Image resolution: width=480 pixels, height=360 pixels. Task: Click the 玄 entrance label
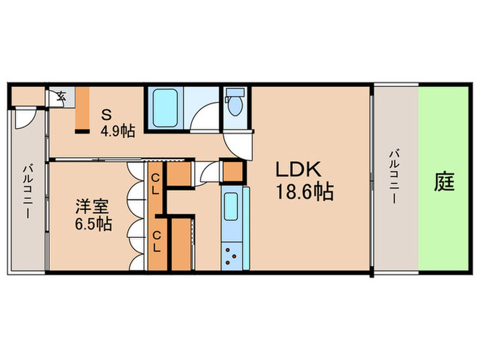60,96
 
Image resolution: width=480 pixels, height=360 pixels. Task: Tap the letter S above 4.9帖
108,114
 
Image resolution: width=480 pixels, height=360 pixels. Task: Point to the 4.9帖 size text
117,130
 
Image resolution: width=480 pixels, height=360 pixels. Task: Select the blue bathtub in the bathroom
165,108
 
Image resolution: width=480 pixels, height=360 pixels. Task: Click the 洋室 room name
91,204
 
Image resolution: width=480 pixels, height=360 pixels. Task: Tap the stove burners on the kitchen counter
230,257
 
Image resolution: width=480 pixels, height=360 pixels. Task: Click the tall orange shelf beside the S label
82,109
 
